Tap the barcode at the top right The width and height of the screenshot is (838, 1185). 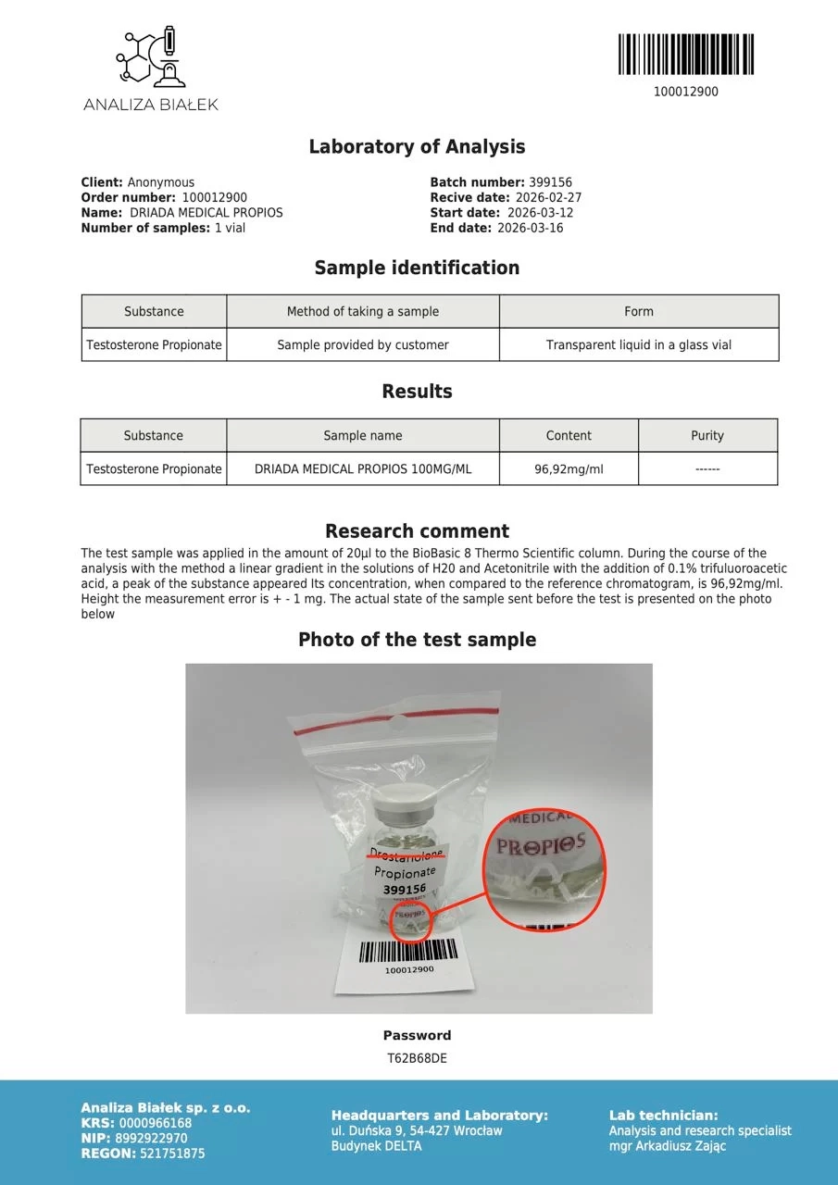click(x=685, y=55)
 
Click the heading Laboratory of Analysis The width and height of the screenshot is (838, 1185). click(x=417, y=147)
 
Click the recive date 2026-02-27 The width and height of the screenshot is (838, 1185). click(x=547, y=198)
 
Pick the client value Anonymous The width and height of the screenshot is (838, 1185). click(x=161, y=183)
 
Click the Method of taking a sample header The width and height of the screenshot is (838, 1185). click(x=363, y=312)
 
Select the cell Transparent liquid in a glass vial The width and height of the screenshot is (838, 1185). click(x=639, y=345)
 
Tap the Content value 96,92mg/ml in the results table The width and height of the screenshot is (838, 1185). click(x=569, y=469)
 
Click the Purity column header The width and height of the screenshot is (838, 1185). click(x=707, y=436)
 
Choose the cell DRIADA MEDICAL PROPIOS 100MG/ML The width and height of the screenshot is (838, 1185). click(x=363, y=469)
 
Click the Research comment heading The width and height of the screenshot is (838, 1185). click(x=417, y=531)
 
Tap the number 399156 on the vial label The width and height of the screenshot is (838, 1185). click(x=404, y=889)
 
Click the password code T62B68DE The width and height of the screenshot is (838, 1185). click(x=417, y=1058)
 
